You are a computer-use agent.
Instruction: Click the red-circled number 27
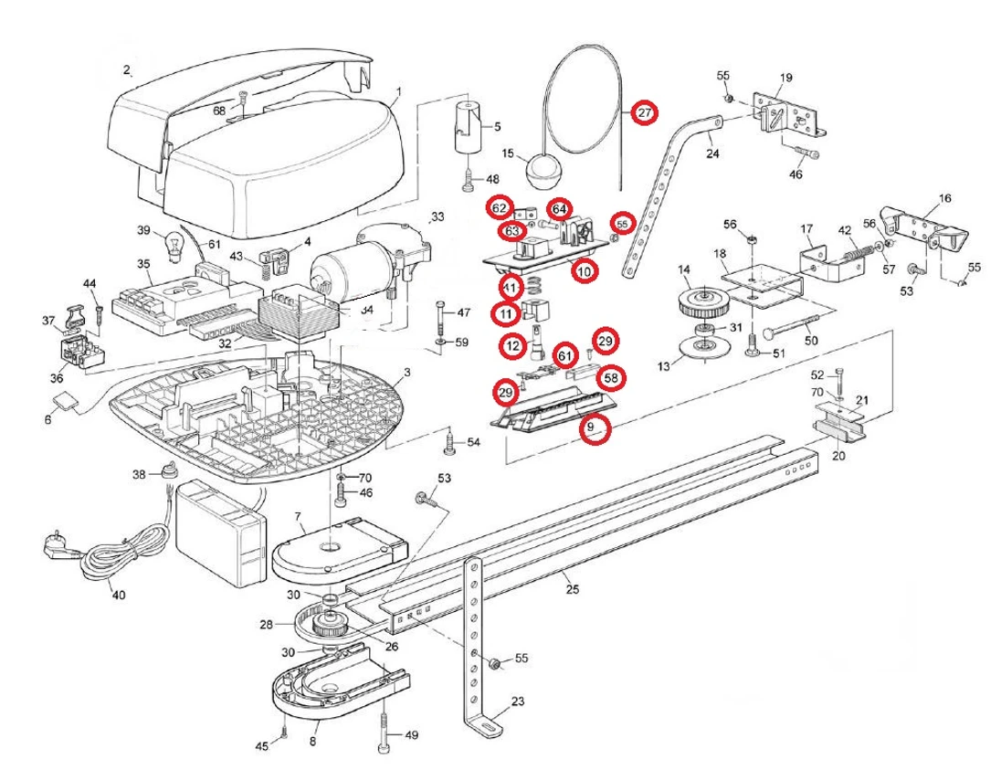[645, 113]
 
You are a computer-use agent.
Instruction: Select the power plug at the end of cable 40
[52, 546]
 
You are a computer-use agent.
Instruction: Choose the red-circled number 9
[593, 427]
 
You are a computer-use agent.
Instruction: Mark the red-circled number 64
[559, 208]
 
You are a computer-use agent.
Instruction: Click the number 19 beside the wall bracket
[786, 77]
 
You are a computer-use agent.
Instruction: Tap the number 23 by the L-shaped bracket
[518, 702]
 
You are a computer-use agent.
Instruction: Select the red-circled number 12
[512, 346]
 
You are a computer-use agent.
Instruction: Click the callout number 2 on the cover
[127, 70]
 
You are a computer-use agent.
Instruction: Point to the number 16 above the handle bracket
[944, 197]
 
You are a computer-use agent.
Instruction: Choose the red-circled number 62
[499, 207]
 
